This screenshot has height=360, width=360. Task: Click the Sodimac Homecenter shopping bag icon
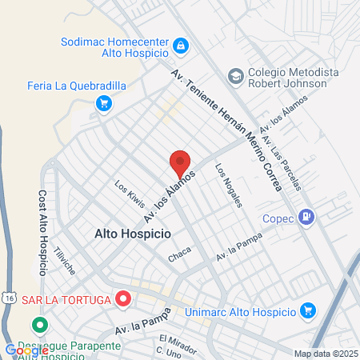pos(182,46)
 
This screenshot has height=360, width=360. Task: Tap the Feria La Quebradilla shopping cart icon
pos(103,102)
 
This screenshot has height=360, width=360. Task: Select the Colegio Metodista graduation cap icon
pos(235,75)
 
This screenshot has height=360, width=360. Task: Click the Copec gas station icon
pos(306,216)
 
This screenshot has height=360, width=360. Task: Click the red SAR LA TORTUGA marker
pos(123,299)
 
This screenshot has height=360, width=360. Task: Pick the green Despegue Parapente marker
pos(38,326)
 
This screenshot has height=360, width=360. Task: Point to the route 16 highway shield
pos(7,297)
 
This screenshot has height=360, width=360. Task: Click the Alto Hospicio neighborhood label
pos(133,234)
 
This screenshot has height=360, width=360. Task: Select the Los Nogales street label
pos(228,186)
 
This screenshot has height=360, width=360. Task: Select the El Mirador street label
pos(165,340)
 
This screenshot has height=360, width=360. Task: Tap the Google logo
pos(26,350)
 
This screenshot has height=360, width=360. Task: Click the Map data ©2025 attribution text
pos(326,354)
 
